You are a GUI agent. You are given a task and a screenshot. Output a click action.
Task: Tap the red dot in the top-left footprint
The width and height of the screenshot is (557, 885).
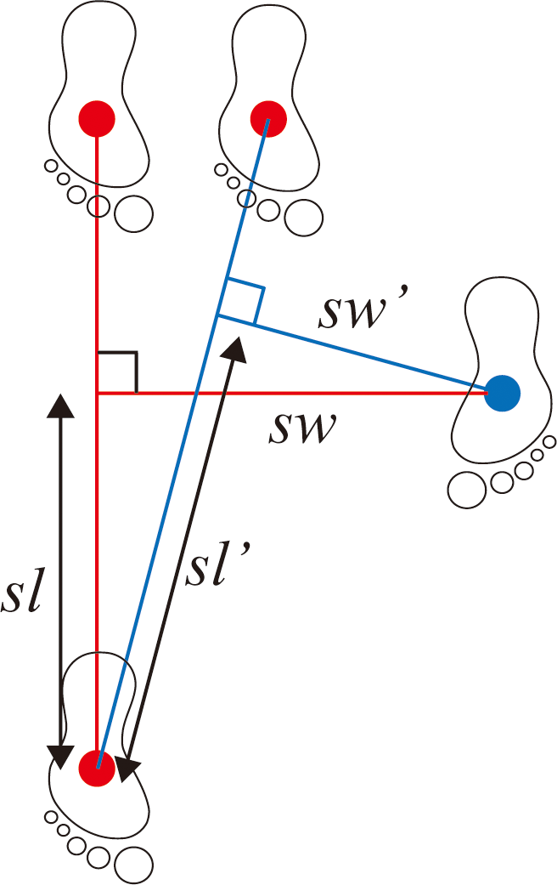click(x=97, y=118)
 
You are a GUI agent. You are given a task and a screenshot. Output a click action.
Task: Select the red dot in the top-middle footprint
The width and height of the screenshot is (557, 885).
click(x=268, y=117)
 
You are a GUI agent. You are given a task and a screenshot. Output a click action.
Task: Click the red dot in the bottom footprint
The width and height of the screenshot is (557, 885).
click(x=97, y=768)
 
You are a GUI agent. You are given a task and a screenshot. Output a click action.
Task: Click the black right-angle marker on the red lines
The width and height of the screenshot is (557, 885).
click(x=118, y=372)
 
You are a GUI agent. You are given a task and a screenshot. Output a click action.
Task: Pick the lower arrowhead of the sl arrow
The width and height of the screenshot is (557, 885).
click(x=59, y=756)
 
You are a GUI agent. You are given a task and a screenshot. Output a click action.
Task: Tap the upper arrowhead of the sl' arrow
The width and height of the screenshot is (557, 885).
click(x=236, y=344)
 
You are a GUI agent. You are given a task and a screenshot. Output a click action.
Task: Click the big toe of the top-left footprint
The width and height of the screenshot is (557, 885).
click(x=134, y=213)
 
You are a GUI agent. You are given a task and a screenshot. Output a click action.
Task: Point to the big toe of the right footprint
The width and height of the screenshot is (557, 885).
click(x=466, y=489)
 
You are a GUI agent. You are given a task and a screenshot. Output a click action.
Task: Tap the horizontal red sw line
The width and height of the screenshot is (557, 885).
click(x=340, y=393)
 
